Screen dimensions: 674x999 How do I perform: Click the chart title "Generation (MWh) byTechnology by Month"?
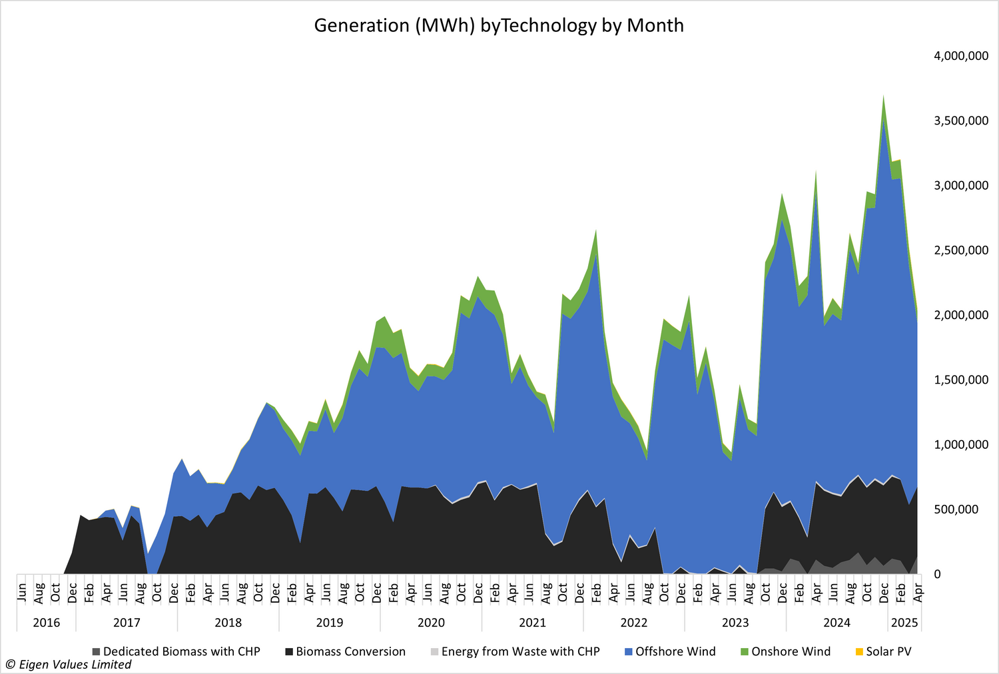tap(499, 25)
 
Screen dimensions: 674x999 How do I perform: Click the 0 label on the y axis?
tap(938, 574)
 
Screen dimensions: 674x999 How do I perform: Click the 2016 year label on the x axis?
tap(46, 623)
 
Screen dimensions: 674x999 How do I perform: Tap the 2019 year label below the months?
tap(330, 623)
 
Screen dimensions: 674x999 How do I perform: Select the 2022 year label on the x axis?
tap(634, 623)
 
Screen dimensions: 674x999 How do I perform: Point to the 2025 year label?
tap(904, 623)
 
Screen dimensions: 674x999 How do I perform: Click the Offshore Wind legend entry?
tap(675, 651)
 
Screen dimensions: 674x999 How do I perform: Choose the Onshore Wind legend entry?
tap(791, 651)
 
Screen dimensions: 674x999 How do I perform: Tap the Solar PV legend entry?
tap(888, 651)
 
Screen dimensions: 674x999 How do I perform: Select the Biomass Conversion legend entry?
tap(350, 651)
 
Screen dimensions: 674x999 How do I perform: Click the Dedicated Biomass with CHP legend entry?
tap(181, 651)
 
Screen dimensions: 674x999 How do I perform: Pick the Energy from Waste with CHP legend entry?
tap(520, 651)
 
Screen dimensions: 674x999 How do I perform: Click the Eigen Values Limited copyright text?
tap(69, 665)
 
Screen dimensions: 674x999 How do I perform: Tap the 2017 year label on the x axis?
tap(127, 623)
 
